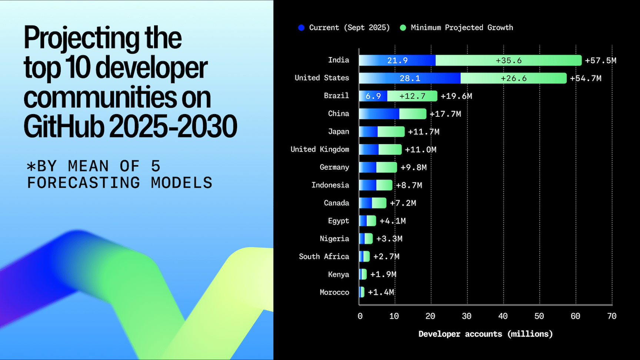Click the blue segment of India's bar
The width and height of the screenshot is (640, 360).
click(x=397, y=60)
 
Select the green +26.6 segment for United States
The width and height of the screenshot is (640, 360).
click(x=513, y=78)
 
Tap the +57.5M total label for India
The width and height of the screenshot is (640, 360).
click(x=600, y=60)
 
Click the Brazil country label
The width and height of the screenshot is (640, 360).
click(x=336, y=96)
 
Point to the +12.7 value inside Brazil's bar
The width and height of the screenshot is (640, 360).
click(x=412, y=96)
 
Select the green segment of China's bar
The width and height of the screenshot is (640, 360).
click(x=413, y=114)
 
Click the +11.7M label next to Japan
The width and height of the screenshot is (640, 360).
click(x=423, y=132)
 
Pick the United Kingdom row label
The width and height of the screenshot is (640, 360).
click(x=320, y=149)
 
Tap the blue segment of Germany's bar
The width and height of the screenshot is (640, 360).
click(x=368, y=167)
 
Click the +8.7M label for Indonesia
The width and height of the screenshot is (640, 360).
click(x=409, y=185)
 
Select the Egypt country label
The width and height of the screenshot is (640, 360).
click(x=338, y=221)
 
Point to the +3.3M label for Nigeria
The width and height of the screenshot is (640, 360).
click(x=389, y=239)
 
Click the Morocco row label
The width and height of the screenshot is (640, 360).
click(x=334, y=292)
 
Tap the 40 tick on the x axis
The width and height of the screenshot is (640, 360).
click(x=503, y=316)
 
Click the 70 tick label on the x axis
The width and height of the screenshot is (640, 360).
click(x=611, y=316)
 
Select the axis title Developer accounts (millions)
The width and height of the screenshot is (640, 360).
click(x=485, y=334)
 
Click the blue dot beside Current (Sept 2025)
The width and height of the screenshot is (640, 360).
click(x=301, y=28)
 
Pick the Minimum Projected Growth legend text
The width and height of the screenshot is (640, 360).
click(x=461, y=28)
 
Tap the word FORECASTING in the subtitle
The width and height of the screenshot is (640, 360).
click(x=84, y=183)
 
